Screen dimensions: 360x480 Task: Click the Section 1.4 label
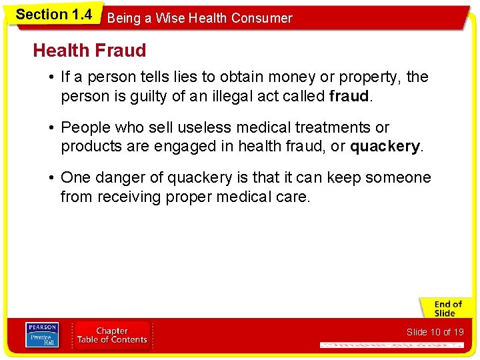[x=53, y=15]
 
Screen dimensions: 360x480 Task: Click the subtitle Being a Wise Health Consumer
[x=199, y=19]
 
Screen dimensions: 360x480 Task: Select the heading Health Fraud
[x=89, y=50]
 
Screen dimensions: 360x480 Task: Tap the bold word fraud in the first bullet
[x=349, y=97]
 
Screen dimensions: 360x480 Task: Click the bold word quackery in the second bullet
[x=385, y=146]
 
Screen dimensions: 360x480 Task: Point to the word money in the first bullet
[x=280, y=77]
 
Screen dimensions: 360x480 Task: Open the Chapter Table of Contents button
[x=112, y=335]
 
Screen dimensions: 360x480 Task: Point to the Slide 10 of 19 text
[x=435, y=332]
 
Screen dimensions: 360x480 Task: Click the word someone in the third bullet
[x=400, y=178]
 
